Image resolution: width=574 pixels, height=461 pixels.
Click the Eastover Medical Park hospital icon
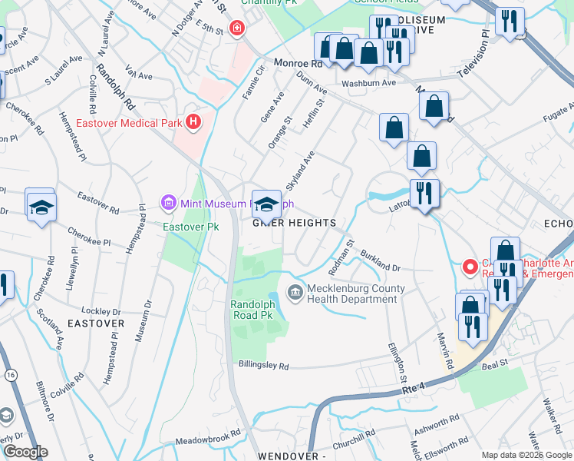(x=193, y=121)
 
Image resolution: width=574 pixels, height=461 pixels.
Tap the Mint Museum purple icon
(x=168, y=204)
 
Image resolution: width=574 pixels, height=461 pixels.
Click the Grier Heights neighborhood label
(x=295, y=223)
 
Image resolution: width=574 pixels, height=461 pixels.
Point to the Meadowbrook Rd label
(x=203, y=440)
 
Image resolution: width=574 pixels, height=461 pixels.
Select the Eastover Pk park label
(x=184, y=227)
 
